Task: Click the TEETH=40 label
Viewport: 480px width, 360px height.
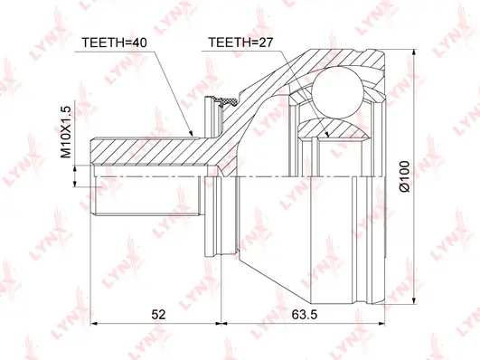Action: click(114, 43)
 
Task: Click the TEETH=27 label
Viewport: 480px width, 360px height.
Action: click(240, 43)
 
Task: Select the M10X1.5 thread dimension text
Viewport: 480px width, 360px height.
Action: click(65, 132)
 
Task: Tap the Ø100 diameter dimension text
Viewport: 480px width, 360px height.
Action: click(404, 176)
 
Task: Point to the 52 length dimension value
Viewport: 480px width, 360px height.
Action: click(158, 315)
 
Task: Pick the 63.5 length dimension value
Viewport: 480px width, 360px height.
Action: click(305, 315)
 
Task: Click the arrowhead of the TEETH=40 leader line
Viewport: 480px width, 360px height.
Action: click(192, 134)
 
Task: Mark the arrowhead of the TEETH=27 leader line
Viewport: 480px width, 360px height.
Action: click(326, 134)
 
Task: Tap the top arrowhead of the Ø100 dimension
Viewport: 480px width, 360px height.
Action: click(414, 52)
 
